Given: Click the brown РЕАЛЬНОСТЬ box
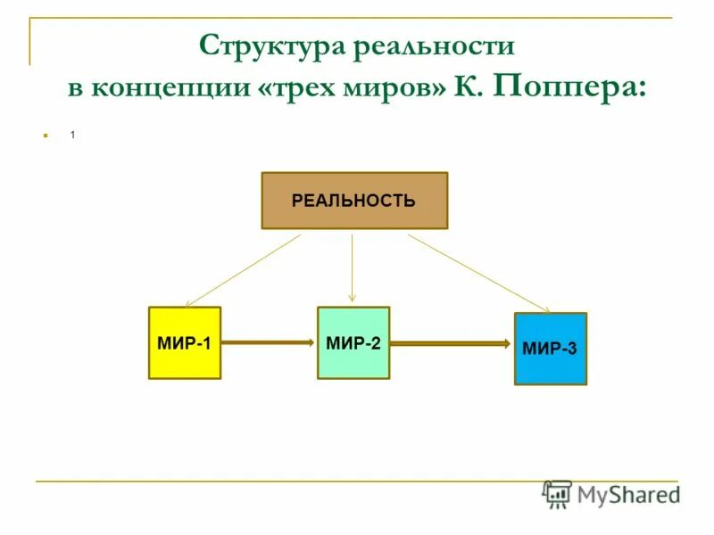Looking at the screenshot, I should click(x=353, y=201).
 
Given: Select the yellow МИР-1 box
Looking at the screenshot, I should click(x=184, y=343).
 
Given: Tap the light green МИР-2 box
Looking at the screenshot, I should click(x=353, y=343).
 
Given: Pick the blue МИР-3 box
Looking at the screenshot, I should click(x=550, y=349).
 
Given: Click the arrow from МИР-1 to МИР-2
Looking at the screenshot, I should click(x=268, y=342).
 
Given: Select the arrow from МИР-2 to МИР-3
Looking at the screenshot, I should click(x=451, y=342).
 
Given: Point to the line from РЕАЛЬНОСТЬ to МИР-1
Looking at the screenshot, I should click(x=243, y=270).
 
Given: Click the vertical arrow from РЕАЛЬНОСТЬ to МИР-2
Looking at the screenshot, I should click(x=353, y=267).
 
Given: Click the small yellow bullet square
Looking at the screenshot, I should click(x=42, y=136).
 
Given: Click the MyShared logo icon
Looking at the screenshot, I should click(x=557, y=493).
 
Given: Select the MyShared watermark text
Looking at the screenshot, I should click(x=628, y=493).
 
